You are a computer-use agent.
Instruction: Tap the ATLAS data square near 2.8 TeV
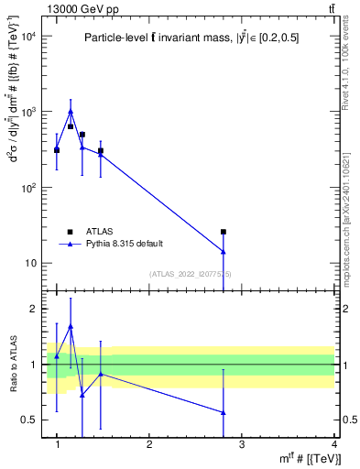[224, 232]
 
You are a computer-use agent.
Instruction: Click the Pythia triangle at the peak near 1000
[71, 112]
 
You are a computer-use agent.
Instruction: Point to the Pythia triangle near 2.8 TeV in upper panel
[224, 251]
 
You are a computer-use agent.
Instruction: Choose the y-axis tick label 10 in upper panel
[29, 264]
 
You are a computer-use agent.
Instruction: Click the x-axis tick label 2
[149, 443]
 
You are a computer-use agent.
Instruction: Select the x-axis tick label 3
[242, 443]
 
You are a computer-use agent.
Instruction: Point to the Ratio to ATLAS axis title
[12, 365]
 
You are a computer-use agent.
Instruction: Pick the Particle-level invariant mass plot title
[191, 38]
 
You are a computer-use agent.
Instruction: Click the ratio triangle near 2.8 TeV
[224, 412]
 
